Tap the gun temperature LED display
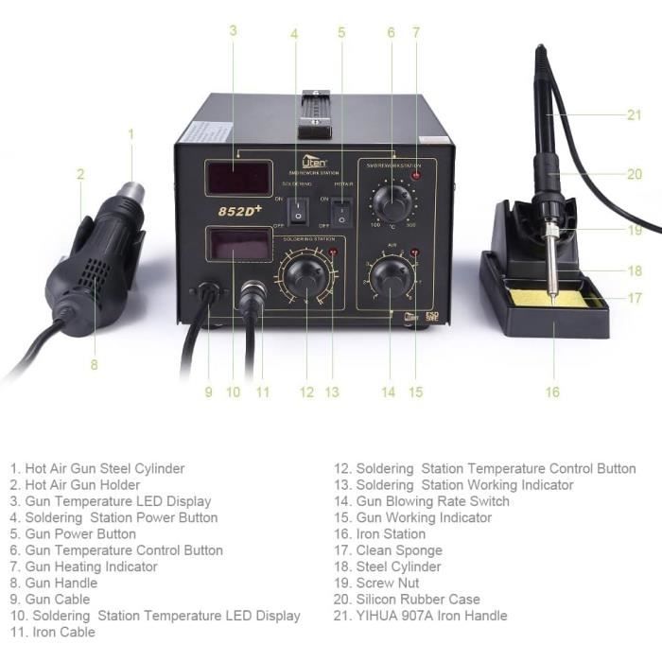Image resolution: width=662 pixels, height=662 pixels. click(238, 177)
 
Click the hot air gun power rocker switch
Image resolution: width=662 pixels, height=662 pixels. click(341, 211)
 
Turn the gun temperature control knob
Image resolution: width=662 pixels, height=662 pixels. click(390, 201)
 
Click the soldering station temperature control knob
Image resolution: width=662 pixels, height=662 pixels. click(305, 278)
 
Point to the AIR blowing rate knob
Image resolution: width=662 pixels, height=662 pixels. click(389, 278)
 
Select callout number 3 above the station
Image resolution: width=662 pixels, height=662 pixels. click(233, 30)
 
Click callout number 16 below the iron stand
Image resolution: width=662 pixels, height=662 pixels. click(552, 392)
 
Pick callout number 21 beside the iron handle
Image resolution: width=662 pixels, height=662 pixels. click(634, 115)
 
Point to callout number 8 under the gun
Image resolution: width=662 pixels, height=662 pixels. click(94, 364)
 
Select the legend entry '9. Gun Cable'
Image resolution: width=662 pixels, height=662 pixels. click(50, 600)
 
